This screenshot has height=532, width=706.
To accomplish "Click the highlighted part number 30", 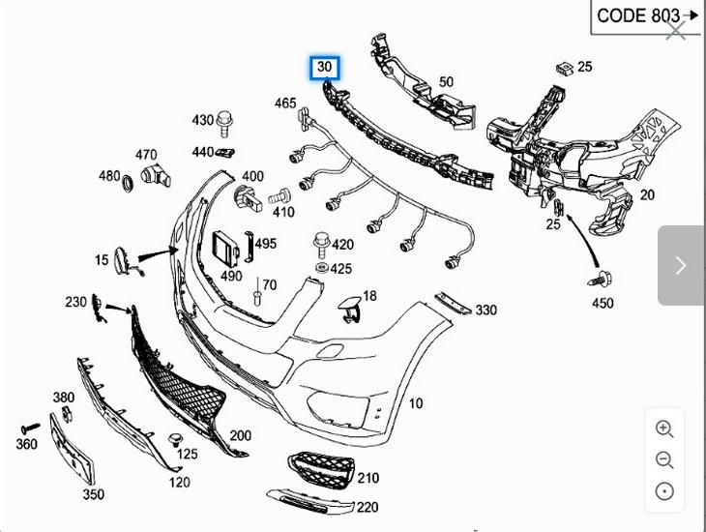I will coord(324,68).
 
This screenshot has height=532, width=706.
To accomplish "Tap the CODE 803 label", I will coord(638,16).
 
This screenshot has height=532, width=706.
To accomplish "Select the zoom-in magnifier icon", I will coord(664,429).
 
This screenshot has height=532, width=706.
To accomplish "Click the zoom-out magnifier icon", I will coord(664,460).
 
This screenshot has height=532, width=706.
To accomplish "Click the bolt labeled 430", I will coord(225,124).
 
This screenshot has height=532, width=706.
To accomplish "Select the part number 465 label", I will coord(285,103).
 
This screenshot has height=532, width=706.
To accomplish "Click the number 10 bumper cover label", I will coord(416,403).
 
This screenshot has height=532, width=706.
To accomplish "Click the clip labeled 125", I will coord(176,441).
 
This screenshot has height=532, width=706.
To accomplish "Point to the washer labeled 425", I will coord(320,267).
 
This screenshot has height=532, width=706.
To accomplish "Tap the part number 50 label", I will coord(446,82).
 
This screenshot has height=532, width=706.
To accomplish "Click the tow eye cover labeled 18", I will coord(350,309).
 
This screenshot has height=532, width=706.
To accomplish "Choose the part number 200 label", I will coord(240,436).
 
